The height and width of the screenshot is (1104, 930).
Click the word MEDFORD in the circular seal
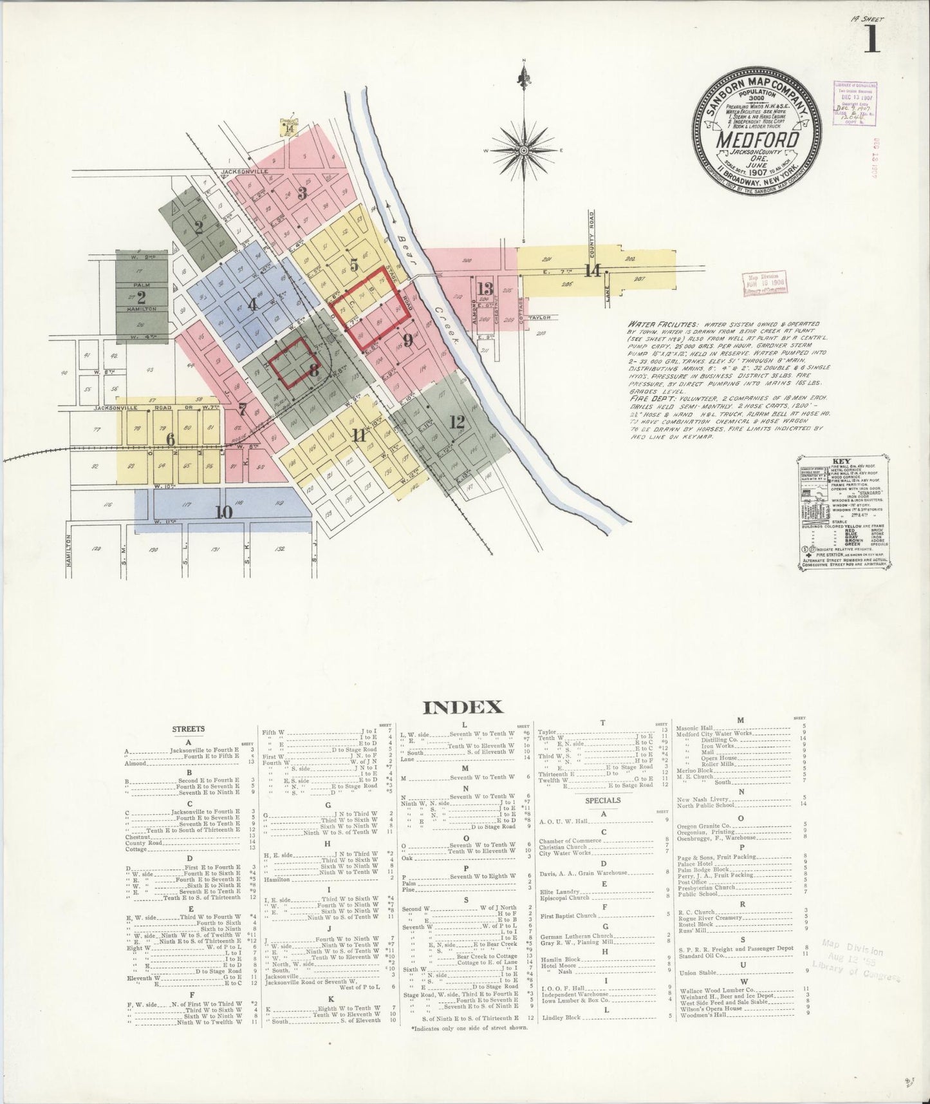758,140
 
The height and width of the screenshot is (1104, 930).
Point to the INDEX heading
462,707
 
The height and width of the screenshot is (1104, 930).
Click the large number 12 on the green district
457,422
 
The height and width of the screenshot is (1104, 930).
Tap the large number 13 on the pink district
485,288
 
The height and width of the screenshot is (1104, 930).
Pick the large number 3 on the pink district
302,192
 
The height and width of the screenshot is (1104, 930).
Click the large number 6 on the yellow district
171,439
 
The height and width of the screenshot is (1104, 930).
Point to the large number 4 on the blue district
253,304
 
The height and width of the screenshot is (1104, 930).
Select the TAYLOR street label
537,318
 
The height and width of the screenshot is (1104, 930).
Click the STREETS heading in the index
189,729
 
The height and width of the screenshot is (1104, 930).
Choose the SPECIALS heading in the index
603,800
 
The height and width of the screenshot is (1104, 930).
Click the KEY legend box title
842,461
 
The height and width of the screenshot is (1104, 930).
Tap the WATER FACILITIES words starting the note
655,326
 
